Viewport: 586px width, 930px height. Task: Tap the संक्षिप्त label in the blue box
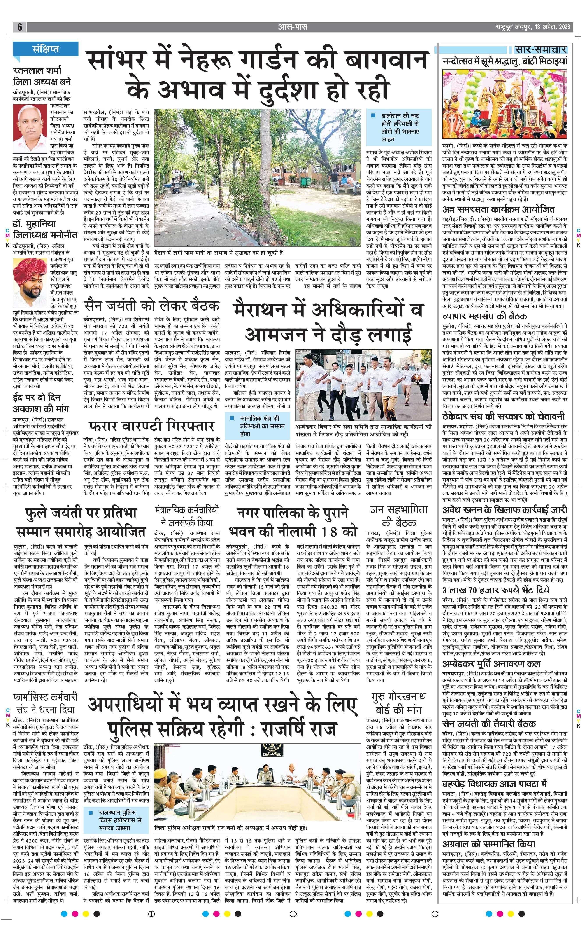46,49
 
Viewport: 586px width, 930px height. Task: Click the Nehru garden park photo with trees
257,178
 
